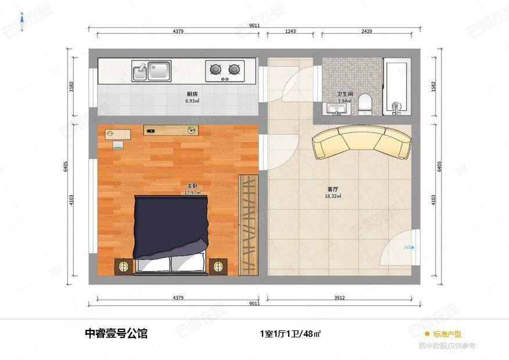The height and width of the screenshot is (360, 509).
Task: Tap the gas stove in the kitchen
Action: [x=225, y=70]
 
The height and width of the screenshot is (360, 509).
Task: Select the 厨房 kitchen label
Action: [x=192, y=93]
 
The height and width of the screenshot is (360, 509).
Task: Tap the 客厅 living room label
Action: [x=333, y=189]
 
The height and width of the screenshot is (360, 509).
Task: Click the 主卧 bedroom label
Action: [x=192, y=185]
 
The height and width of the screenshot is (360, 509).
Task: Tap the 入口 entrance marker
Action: [x=408, y=247]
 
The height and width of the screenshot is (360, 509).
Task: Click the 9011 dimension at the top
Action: [x=254, y=25]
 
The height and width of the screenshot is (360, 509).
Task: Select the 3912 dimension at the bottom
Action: [x=339, y=298]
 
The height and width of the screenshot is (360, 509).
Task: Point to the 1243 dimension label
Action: [x=291, y=31]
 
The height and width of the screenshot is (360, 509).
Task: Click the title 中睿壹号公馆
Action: [x=116, y=333]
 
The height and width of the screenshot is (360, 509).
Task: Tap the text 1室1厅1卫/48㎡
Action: [x=291, y=334]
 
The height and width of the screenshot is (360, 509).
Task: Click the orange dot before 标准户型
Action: [x=427, y=334]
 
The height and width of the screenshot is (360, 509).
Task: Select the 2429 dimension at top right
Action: [x=367, y=31]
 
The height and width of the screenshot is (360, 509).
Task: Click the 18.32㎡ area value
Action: [x=333, y=196]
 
